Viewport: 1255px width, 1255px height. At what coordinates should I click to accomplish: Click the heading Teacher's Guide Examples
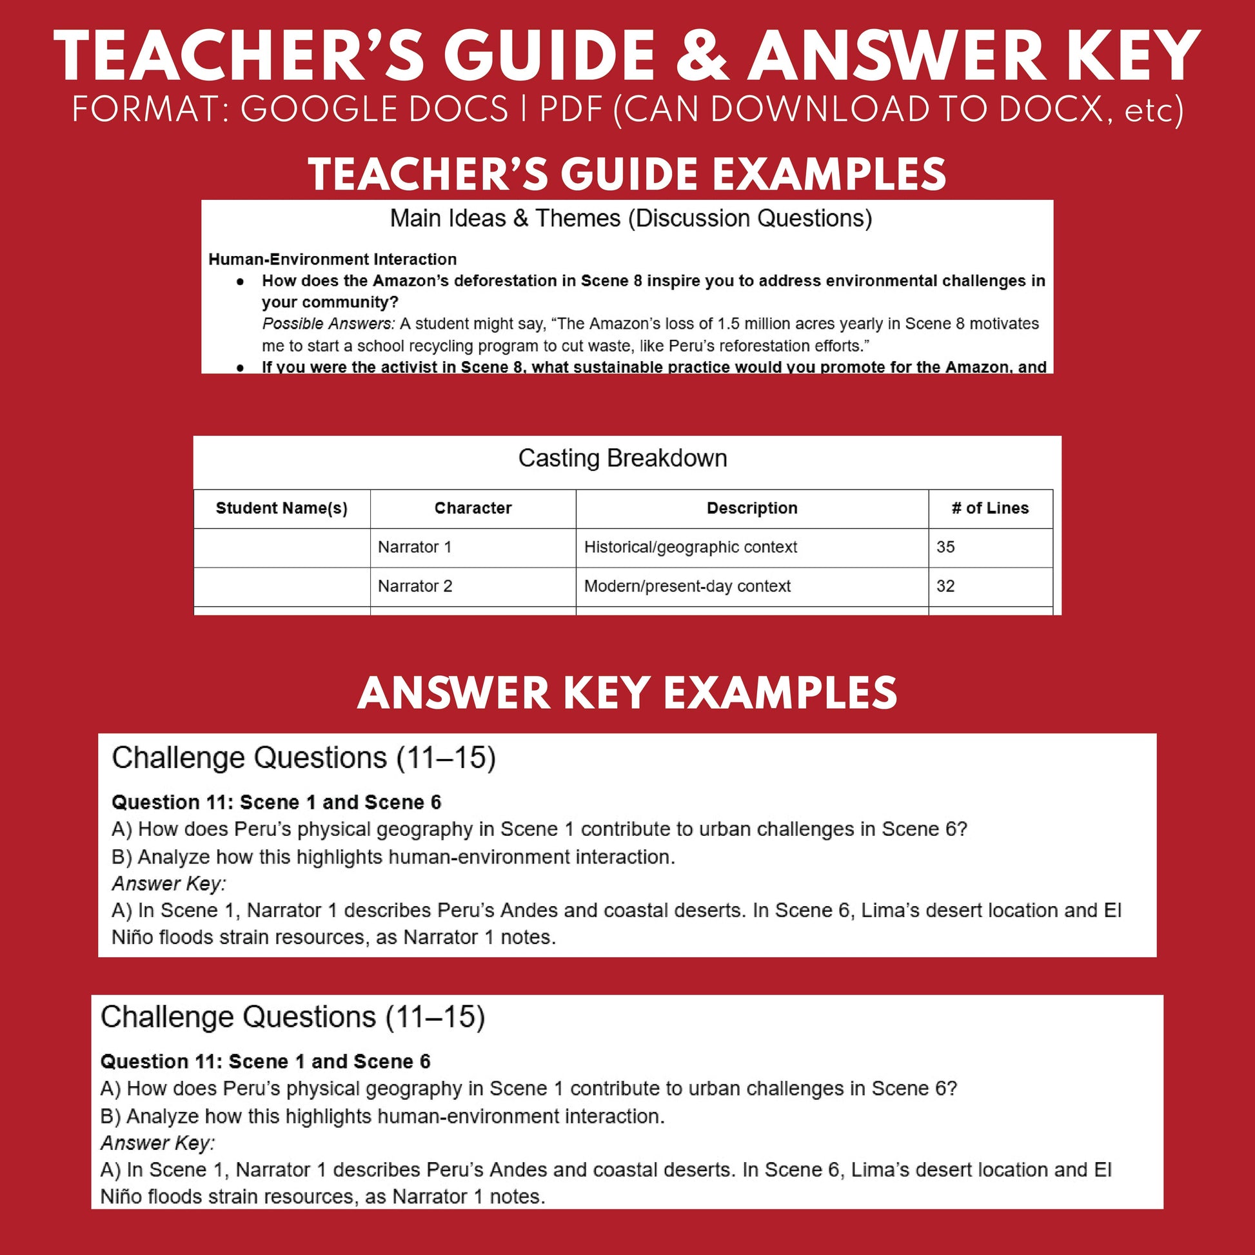[627, 174]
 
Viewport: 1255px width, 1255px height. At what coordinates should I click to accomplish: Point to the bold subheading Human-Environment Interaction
[332, 259]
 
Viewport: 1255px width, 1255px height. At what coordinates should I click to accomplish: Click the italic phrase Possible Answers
[328, 324]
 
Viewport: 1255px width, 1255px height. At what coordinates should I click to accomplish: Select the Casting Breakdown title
[622, 458]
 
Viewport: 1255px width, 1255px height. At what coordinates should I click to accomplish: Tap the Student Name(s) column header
[281, 508]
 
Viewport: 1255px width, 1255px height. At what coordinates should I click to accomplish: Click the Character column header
[473, 508]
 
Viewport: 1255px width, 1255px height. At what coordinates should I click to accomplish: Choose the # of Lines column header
[990, 508]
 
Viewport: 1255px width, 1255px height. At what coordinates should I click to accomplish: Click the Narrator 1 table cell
[415, 547]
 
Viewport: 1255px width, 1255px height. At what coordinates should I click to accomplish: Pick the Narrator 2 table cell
[415, 586]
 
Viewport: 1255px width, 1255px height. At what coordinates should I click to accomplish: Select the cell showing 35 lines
[945, 547]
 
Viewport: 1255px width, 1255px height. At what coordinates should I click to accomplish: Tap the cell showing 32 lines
[945, 586]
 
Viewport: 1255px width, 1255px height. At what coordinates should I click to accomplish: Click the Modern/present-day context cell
[687, 586]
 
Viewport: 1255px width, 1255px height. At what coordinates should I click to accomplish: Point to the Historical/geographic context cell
[691, 547]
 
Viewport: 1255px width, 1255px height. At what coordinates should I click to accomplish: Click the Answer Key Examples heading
[627, 693]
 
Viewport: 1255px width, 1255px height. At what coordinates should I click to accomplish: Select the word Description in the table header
[751, 508]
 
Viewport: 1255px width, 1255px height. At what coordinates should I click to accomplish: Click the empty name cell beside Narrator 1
[282, 548]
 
